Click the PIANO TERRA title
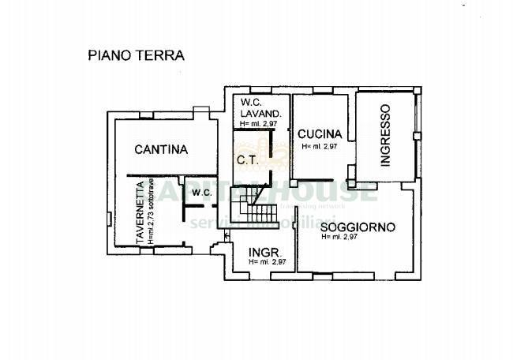[134, 56]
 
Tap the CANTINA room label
[160, 148]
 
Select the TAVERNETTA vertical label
[139, 212]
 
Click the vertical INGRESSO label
[385, 136]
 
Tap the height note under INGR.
[266, 262]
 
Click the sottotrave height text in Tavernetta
[150, 212]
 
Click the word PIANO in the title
[107, 56]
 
